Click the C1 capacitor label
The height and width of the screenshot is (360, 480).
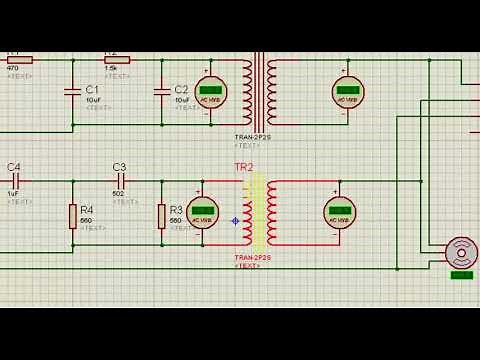(92, 89)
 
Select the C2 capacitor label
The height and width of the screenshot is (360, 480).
(181, 89)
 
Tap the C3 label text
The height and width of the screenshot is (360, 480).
(119, 167)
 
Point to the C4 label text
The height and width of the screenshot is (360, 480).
(14, 167)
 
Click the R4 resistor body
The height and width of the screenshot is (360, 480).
(73, 216)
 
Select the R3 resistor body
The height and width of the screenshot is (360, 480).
(161, 216)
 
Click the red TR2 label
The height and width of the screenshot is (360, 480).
(244, 167)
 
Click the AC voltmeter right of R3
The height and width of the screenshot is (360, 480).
(203, 212)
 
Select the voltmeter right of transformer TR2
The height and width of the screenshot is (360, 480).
(339, 212)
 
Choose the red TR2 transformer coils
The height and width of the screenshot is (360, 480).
(258, 212)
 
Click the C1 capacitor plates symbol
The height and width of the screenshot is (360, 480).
(73, 92)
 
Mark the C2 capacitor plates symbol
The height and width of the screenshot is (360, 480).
(162, 92)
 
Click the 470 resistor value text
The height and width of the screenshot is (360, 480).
(13, 67)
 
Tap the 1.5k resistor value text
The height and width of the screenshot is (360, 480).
(111, 67)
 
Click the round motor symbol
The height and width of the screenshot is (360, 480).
(461, 252)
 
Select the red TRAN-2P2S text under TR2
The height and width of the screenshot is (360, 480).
(252, 259)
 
